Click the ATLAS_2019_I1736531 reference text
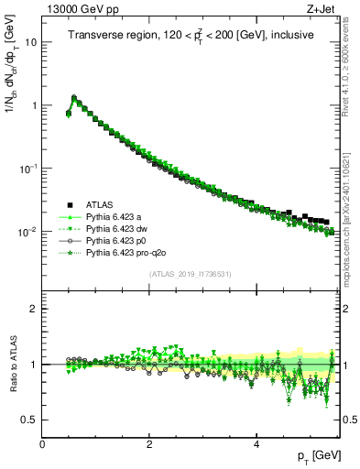[191, 274]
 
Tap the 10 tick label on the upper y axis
[29, 42]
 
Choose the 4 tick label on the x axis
[256, 442]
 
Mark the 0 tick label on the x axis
[42, 442]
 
